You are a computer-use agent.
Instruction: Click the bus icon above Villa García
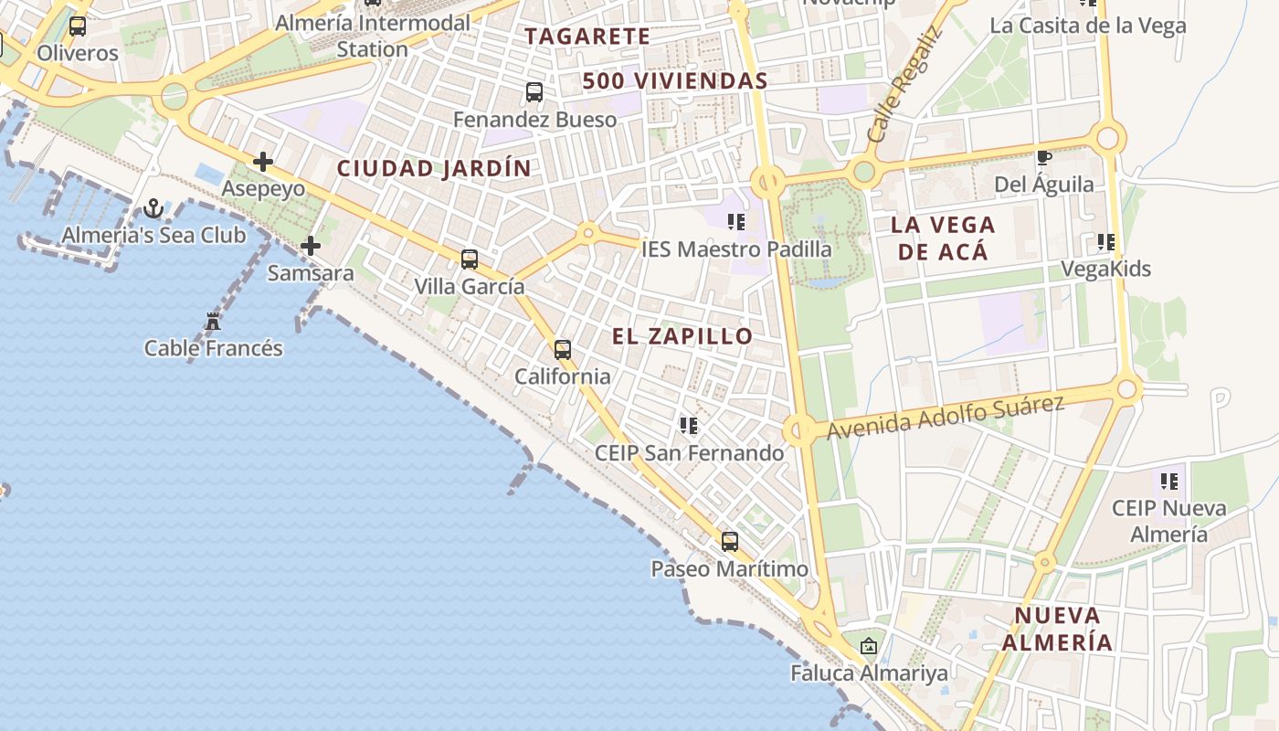tap(470, 260)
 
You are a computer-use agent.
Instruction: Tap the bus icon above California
tap(563, 349)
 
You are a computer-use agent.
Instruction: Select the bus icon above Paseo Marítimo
tap(729, 542)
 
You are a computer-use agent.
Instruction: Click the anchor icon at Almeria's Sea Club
tap(153, 209)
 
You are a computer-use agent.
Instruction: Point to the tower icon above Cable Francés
tap(213, 322)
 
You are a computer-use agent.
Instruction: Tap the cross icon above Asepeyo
tap(263, 163)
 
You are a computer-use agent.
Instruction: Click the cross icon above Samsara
tap(311, 246)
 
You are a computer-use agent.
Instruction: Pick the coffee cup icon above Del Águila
tap(1044, 158)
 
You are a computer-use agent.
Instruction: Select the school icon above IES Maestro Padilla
tap(736, 222)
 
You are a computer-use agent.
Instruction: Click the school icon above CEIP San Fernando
tap(689, 426)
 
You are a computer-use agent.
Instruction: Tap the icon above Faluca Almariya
tap(868, 647)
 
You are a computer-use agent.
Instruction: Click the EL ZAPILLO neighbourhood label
tap(682, 336)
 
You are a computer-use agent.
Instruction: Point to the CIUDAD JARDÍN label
tap(434, 169)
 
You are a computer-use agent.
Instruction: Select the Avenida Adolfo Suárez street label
tap(946, 417)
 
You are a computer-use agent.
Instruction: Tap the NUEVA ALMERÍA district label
tap(1057, 629)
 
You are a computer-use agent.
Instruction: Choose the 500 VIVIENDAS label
tap(675, 81)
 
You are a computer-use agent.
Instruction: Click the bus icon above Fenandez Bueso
tap(534, 92)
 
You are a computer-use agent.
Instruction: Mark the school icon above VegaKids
tap(1106, 243)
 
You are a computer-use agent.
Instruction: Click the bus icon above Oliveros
tap(78, 26)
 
